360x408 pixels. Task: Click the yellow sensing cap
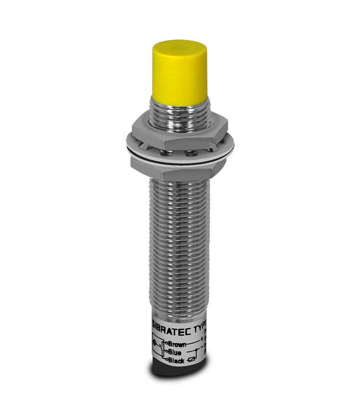[x=179, y=77]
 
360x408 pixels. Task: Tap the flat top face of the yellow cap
[x=179, y=48]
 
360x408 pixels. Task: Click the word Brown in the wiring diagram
[x=177, y=344]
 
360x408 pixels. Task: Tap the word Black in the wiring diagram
[x=176, y=360]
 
